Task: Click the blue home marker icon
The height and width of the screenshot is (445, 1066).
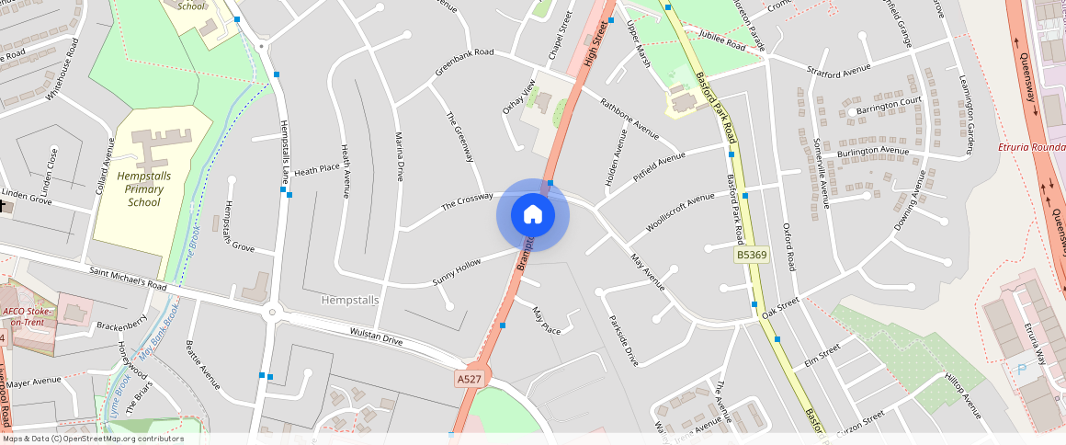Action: tap(533, 215)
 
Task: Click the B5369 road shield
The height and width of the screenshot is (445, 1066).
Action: tap(751, 255)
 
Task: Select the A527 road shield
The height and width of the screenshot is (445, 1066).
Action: tap(468, 378)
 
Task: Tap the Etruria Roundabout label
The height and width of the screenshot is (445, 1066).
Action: tap(1031, 147)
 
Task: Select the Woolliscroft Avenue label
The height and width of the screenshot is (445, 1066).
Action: tap(680, 211)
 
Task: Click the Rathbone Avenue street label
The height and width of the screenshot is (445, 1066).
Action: tap(629, 119)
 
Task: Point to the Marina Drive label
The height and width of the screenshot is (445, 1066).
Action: tap(399, 156)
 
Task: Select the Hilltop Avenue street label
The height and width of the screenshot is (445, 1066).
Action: tap(963, 395)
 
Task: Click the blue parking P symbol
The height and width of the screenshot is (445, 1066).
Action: tap(1022, 370)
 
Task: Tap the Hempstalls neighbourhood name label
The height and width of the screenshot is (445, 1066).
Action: tap(350, 300)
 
